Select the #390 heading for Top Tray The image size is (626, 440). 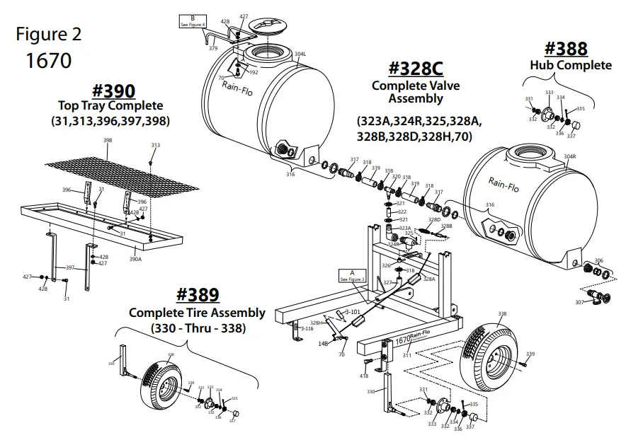click(114, 91)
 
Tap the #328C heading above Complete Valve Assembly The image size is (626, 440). click(416, 69)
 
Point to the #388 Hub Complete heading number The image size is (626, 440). click(566, 49)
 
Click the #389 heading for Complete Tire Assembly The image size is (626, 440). click(198, 295)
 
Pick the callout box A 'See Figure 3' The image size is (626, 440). click(352, 275)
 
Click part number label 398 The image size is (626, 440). click(108, 141)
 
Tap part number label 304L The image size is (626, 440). click(300, 54)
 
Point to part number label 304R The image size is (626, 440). click(569, 156)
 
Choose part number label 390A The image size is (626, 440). click(135, 259)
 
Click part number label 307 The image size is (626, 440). click(579, 302)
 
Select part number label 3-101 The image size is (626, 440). click(352, 311)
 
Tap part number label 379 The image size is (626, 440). click(212, 48)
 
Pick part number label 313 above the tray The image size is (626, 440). click(155, 145)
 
